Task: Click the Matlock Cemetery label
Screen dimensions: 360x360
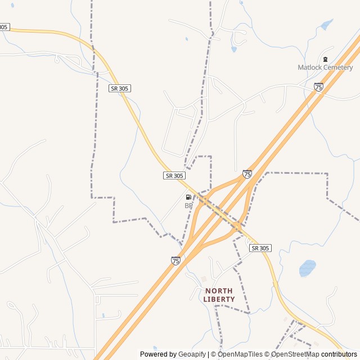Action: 325,67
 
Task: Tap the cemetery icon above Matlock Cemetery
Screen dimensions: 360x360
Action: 325,59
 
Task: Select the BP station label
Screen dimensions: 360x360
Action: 188,206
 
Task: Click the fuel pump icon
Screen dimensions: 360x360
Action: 188,197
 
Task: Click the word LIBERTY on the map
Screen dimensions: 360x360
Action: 219,299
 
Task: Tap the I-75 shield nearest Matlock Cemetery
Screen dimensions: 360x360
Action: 319,87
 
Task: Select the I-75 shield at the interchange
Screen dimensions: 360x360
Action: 247,174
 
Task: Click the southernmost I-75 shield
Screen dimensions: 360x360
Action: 175,260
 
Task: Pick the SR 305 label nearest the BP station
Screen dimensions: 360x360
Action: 174,175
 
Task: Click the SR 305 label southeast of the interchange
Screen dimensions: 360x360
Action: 260,248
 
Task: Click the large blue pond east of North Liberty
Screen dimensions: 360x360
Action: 307,268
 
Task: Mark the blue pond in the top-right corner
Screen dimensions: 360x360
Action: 326,25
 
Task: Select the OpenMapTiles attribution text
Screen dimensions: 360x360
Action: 239,354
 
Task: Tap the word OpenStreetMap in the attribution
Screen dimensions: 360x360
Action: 295,354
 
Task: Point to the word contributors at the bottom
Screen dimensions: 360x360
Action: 339,354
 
